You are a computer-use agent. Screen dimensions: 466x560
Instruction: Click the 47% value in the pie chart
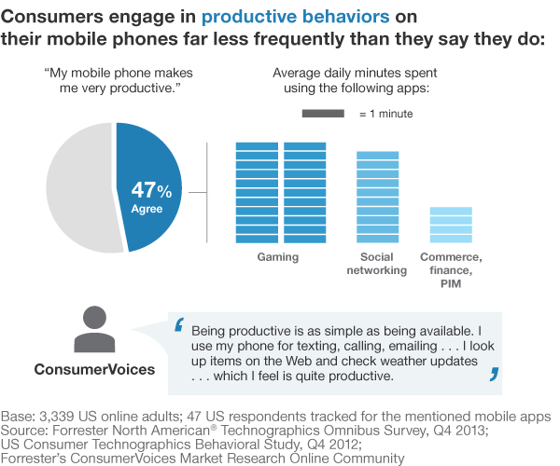pyautogui.click(x=151, y=190)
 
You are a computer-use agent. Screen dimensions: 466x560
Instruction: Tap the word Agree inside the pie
pyautogui.click(x=147, y=209)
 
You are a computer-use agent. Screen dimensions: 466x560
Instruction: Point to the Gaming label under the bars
pyautogui.click(x=278, y=256)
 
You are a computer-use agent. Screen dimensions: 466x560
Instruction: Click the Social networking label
pyautogui.click(x=377, y=263)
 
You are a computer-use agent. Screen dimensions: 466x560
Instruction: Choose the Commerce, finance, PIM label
pyautogui.click(x=450, y=269)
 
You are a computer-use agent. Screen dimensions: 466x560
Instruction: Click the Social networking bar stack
pyautogui.click(x=377, y=196)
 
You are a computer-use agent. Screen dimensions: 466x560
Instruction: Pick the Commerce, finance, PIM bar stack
pyautogui.click(x=450, y=224)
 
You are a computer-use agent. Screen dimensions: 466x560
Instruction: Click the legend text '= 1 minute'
pyautogui.click(x=385, y=114)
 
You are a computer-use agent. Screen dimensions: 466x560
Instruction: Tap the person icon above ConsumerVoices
pyautogui.click(x=94, y=328)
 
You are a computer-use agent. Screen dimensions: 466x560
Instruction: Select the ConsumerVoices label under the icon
pyautogui.click(x=94, y=369)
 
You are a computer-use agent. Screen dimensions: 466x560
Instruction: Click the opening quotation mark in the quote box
pyautogui.click(x=179, y=326)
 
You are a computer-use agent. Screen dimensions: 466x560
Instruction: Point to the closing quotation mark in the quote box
pyautogui.click(x=493, y=376)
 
